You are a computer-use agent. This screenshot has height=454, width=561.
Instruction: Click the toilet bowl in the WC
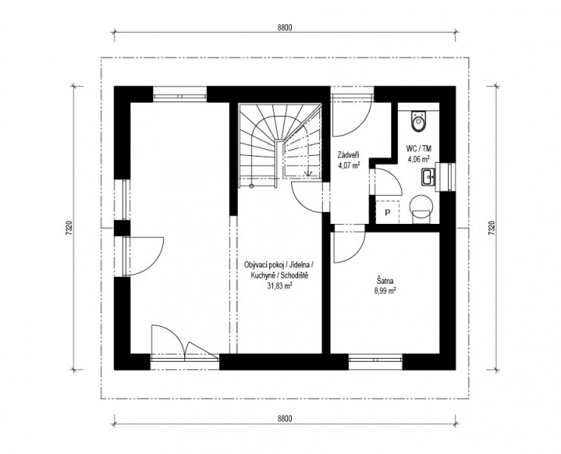pyautogui.click(x=419, y=121)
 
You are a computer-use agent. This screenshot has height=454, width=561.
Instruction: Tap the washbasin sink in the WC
pyautogui.click(x=428, y=178)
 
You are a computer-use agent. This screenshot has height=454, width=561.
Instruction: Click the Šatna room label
pyautogui.click(x=384, y=281)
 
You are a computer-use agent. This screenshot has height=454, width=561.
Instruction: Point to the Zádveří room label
pyautogui.click(x=349, y=156)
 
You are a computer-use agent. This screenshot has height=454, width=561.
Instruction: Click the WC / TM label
pyautogui.click(x=418, y=148)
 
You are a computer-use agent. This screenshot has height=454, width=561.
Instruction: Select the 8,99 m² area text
pyautogui.click(x=385, y=291)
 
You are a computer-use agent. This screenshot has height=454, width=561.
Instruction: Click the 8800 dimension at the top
pyautogui.click(x=285, y=27)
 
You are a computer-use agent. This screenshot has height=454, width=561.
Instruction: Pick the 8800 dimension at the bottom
pyautogui.click(x=285, y=418)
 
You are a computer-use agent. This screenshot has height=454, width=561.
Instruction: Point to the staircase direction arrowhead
pyautogui.click(x=308, y=173)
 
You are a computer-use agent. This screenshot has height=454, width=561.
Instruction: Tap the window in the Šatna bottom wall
pyautogui.click(x=376, y=358)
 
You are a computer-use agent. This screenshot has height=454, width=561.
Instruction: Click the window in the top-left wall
pyautogui.click(x=180, y=96)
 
